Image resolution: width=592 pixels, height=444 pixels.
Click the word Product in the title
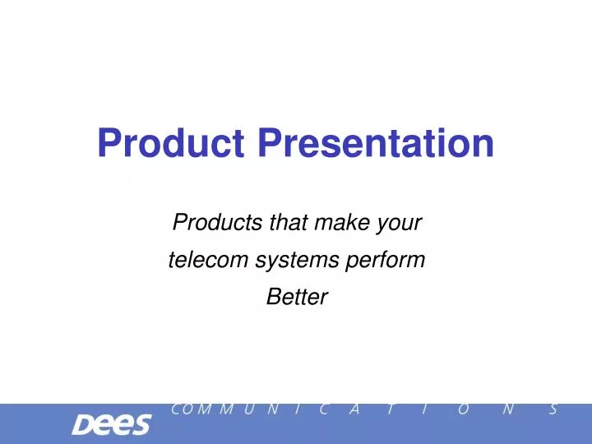171,142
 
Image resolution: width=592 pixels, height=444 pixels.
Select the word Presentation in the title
376,142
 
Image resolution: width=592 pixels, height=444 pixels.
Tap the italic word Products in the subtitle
217,222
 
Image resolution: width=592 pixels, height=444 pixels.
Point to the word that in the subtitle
289,222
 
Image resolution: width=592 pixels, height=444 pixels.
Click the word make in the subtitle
342,222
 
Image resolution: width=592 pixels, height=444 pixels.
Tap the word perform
386,261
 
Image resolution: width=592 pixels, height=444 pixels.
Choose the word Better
297,297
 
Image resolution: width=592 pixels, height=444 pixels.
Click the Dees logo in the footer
112,424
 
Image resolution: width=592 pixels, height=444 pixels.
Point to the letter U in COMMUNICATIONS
248,409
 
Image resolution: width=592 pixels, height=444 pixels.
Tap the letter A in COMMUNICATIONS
354,409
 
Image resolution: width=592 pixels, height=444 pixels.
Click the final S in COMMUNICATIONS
554,409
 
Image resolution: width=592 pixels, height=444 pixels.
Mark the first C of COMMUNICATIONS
176,409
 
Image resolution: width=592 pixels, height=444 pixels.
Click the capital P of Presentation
271,142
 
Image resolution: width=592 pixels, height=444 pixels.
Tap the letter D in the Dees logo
83,424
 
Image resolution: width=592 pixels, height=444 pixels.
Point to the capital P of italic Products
180,222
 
